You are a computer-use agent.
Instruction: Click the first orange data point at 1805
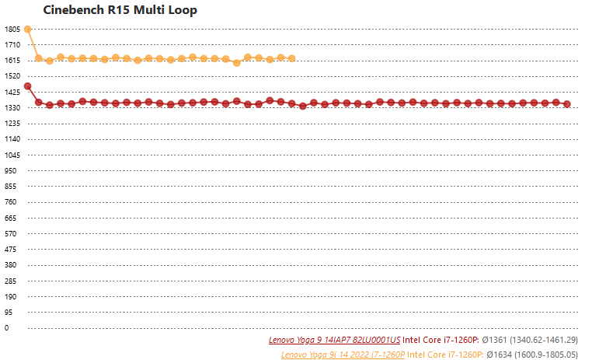pos(27,30)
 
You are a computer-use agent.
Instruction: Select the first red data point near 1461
pos(27,86)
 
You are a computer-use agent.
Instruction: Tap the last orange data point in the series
pos(291,58)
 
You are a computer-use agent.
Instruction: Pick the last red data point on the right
pos(567,104)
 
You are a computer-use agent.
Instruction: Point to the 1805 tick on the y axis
pos(12,29)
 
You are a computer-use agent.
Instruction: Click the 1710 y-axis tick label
pos(12,44)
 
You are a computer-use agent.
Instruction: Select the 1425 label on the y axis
pos(12,92)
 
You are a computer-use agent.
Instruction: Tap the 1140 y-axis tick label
pos(12,139)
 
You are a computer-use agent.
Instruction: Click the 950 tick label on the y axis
pos(12,170)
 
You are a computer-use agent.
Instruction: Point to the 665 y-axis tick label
pos(12,218)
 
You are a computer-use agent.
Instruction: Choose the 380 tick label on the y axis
pos(12,265)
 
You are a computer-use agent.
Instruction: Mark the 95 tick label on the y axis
pos(9,312)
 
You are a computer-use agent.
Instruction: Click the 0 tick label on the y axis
pos(7,328)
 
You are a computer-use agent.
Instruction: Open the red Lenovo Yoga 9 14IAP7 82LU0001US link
pos(335,341)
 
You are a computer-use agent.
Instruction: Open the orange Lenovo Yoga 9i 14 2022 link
pos(343,354)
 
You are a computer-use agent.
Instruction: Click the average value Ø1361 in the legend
pos(494,341)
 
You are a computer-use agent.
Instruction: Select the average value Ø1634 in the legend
pos(497,354)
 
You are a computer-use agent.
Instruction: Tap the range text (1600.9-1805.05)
pos(546,354)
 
